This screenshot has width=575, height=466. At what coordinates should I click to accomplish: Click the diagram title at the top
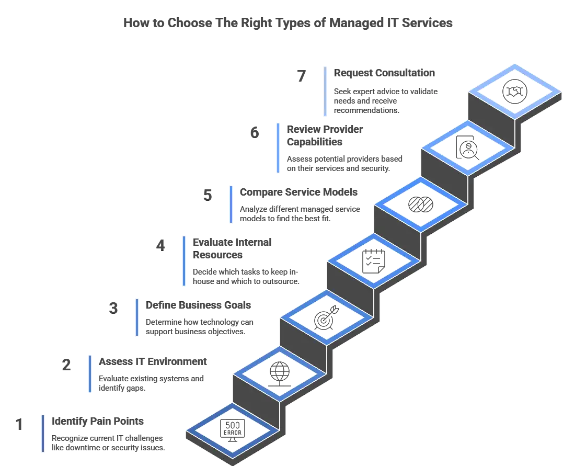point(287,24)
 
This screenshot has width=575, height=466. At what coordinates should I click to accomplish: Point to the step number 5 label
point(207,195)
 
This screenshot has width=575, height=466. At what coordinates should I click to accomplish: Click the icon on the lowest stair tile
point(232,431)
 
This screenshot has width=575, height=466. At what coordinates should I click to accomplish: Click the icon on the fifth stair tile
point(421,204)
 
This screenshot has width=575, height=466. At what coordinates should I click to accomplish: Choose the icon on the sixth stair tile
point(467,147)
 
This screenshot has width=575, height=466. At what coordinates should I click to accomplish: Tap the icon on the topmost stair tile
point(515,92)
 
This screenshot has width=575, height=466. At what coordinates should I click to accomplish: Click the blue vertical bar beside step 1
point(41,434)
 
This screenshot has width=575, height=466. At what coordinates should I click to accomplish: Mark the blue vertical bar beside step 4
point(183,261)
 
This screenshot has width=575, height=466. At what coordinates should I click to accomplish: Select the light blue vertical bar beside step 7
point(326,90)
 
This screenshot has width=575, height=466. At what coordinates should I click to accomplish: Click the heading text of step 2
point(152,362)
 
